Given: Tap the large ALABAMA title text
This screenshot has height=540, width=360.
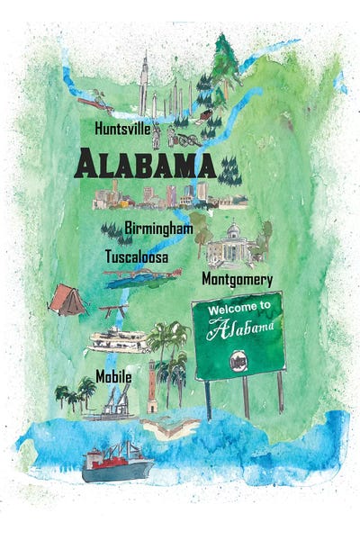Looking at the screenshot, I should coord(144,166).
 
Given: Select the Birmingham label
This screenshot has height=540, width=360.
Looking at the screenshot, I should coord(159,228).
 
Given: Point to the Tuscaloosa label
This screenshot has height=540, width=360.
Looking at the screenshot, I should coord(137,256).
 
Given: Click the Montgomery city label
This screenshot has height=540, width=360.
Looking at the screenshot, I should coord(237,279).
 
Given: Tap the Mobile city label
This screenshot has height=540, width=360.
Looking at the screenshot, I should coord(113,376).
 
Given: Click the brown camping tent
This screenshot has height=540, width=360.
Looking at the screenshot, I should coord(66,300).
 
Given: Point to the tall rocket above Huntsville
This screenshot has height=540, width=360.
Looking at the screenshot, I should coord(143,85).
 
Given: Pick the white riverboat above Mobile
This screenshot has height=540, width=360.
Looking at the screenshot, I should coord(117,340).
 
